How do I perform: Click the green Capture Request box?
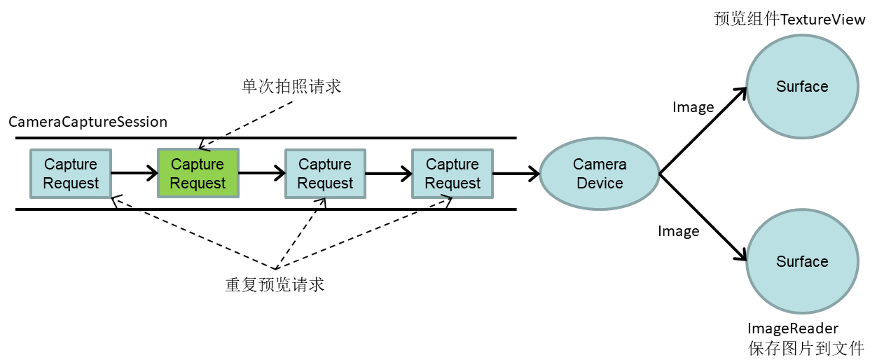coord(198,174)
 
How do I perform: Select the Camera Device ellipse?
coord(600,174)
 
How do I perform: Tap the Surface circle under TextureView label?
coord(802,86)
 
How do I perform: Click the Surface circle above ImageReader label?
coord(802,261)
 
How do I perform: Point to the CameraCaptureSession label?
coord(88,122)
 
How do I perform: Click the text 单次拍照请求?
coord(291,86)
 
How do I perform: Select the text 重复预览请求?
coord(275,284)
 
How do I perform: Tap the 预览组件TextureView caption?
coord(789,19)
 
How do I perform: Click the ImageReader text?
coord(793,328)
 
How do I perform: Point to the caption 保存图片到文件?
coord(806,348)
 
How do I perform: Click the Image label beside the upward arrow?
coord(693,107)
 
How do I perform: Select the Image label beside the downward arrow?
coord(679,231)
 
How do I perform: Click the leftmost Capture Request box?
coord(71,174)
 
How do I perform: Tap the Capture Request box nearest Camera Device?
coord(453,174)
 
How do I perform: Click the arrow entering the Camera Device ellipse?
coord(516,174)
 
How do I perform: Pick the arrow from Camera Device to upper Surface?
coord(703,131)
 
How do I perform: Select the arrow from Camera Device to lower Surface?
coord(703,217)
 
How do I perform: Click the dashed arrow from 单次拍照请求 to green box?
coord(245,125)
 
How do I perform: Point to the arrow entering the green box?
coord(134,173)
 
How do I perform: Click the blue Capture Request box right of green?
coord(325,174)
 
